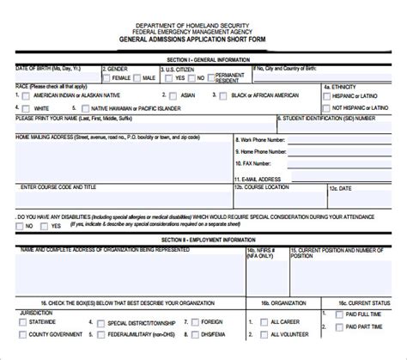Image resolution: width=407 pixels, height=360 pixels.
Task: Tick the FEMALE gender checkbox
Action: (x=106, y=78)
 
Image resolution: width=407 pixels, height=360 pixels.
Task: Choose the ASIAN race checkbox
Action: (x=174, y=96)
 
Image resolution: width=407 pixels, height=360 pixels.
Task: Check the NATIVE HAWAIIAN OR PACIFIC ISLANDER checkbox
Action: (x=75, y=109)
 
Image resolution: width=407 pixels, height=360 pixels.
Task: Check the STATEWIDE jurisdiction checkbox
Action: (x=23, y=323)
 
